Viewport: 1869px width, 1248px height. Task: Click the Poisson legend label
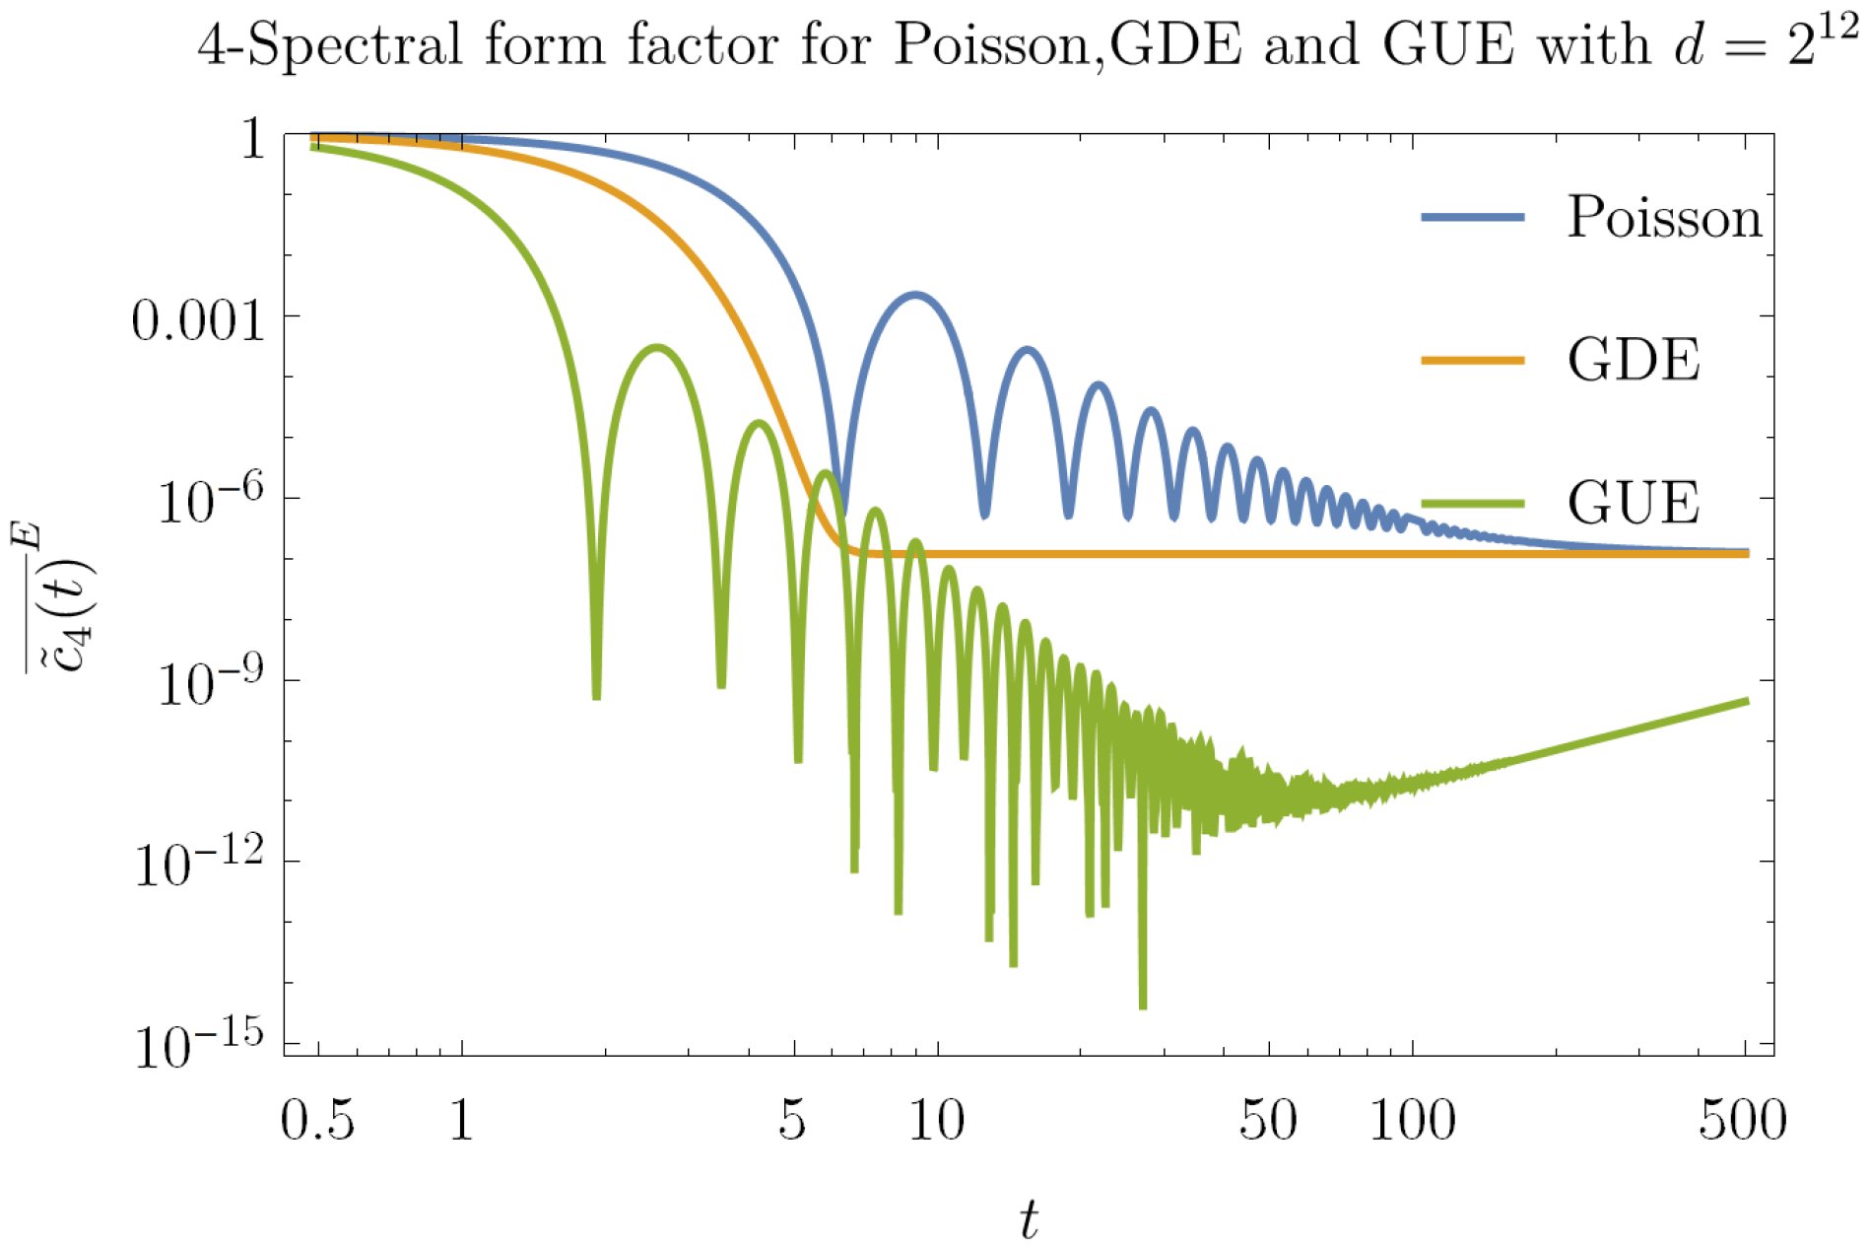click(1663, 217)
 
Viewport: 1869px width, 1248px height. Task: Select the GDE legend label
click(1634, 360)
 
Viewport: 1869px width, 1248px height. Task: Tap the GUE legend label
click(1634, 503)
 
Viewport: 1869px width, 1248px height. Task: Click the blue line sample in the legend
click(1472, 217)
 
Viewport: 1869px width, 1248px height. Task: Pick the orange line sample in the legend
click(1472, 361)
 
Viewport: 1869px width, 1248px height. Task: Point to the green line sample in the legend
click(1472, 504)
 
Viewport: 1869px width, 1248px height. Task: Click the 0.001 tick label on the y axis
click(199, 321)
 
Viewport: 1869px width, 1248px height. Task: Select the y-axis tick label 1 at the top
click(253, 140)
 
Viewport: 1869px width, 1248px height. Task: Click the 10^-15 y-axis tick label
click(200, 1045)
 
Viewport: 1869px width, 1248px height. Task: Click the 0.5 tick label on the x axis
click(317, 1121)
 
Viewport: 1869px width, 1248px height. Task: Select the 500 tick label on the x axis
click(1742, 1121)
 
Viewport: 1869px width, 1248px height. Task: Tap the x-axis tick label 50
click(1267, 1121)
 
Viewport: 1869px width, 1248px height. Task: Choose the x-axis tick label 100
click(1412, 1121)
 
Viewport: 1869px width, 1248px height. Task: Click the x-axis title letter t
click(1029, 1218)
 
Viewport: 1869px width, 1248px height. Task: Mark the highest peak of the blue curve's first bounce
click(916, 294)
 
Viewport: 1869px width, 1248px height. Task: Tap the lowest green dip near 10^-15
click(1143, 1005)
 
